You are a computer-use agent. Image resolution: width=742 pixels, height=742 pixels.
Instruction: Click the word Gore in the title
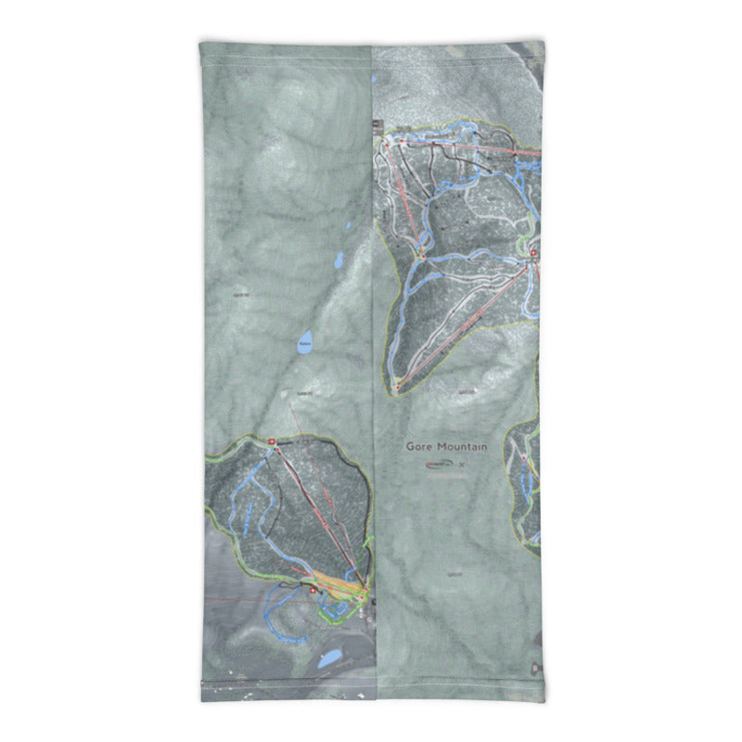pyautogui.click(x=420, y=446)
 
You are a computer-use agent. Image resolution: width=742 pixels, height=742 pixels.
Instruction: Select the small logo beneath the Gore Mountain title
pyautogui.click(x=443, y=465)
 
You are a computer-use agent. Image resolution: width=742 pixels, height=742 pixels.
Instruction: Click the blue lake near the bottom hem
pyautogui.click(x=327, y=659)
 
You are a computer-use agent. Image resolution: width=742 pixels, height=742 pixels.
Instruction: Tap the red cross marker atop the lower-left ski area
pyautogui.click(x=273, y=441)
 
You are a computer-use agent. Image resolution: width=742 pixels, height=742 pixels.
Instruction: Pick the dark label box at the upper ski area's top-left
pyautogui.click(x=377, y=123)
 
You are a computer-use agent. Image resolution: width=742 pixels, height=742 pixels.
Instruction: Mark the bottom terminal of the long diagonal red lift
pyautogui.click(x=396, y=387)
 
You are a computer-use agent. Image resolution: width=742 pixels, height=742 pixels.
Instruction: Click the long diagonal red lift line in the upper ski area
pyautogui.click(x=464, y=325)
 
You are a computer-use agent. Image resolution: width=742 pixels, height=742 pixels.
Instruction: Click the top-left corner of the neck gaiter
pyautogui.click(x=201, y=43)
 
